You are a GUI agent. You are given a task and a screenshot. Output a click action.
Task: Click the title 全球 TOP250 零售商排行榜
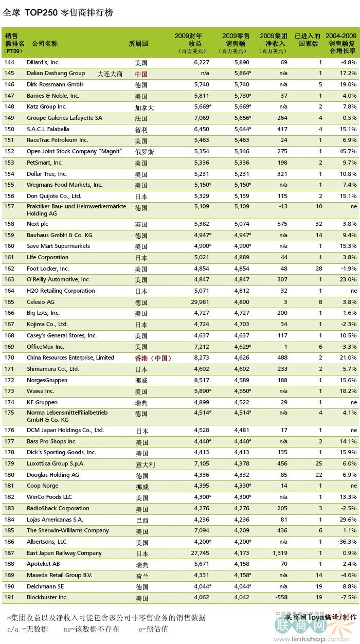click(58, 12)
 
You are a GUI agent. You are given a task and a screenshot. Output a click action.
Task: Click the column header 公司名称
click(45, 43)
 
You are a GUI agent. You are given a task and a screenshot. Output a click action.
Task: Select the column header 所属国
click(138, 43)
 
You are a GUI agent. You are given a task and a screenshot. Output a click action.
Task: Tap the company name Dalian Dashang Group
click(56, 74)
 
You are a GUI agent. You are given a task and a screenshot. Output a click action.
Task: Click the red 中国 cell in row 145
click(141, 74)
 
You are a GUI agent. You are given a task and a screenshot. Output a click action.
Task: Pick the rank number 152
click(9, 151)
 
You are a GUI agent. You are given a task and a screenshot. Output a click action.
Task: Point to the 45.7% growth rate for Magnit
click(348, 151)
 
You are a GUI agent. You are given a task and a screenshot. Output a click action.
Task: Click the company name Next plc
click(38, 224)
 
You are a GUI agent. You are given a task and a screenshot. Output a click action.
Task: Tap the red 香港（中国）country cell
click(153, 358)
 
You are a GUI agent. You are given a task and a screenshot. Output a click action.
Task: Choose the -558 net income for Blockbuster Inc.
click(281, 597)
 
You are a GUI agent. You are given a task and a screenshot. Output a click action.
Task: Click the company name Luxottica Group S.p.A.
click(56, 463)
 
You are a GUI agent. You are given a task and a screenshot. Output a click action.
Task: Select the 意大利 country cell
click(146, 464)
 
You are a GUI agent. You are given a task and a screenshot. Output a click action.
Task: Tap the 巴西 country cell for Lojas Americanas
click(142, 521)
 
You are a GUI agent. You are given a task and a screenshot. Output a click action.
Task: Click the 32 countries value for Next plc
click(318, 224)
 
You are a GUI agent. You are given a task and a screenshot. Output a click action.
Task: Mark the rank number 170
click(9, 357)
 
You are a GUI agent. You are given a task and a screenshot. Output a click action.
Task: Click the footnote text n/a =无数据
click(28, 629)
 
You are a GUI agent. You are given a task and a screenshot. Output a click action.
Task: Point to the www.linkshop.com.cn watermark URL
click(311, 639)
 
